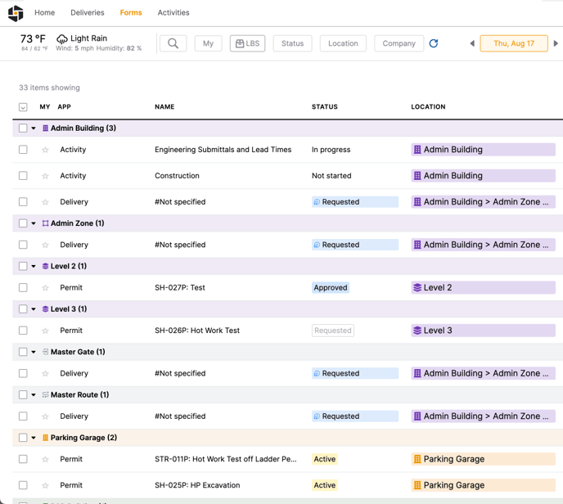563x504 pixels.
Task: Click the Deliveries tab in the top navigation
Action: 87,13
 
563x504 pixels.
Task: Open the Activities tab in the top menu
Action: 173,13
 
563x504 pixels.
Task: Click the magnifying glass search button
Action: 173,43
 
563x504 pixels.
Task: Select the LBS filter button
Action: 247,43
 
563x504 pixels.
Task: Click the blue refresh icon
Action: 434,43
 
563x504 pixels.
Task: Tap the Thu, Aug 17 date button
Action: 513,43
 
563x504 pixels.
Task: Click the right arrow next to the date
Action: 556,43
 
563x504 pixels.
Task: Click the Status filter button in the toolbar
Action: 292,43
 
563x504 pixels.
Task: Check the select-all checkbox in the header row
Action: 23,107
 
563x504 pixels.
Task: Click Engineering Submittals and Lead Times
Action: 223,150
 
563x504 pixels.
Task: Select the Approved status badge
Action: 331,288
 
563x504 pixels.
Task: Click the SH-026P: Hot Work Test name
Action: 197,331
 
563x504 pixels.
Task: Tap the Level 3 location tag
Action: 483,331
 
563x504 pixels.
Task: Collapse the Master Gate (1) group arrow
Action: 34,352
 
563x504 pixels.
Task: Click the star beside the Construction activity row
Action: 45,176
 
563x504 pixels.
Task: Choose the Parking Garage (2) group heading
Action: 83,438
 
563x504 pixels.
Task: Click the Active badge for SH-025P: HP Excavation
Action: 325,485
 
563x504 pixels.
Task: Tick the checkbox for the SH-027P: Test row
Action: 23,288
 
